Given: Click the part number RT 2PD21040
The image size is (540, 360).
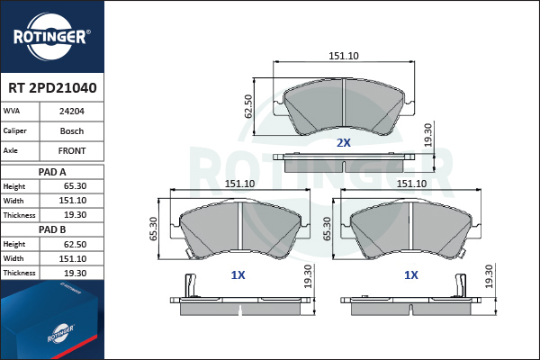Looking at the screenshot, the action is [x=52, y=88].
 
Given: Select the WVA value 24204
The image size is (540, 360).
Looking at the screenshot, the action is [x=72, y=112].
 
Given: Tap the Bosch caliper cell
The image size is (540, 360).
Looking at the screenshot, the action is [x=72, y=130].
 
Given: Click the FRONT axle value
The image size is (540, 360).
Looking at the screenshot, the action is [x=72, y=151].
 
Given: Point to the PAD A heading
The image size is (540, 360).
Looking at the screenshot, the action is [x=52, y=172].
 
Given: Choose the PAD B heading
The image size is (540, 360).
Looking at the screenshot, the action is [x=52, y=229].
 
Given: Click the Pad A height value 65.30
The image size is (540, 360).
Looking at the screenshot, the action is [x=75, y=186].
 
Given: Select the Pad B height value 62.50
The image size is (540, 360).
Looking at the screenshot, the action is [x=75, y=244].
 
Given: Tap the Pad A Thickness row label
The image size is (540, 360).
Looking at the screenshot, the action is [x=19, y=215].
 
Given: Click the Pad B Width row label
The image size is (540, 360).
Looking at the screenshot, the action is [x=13, y=258].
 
